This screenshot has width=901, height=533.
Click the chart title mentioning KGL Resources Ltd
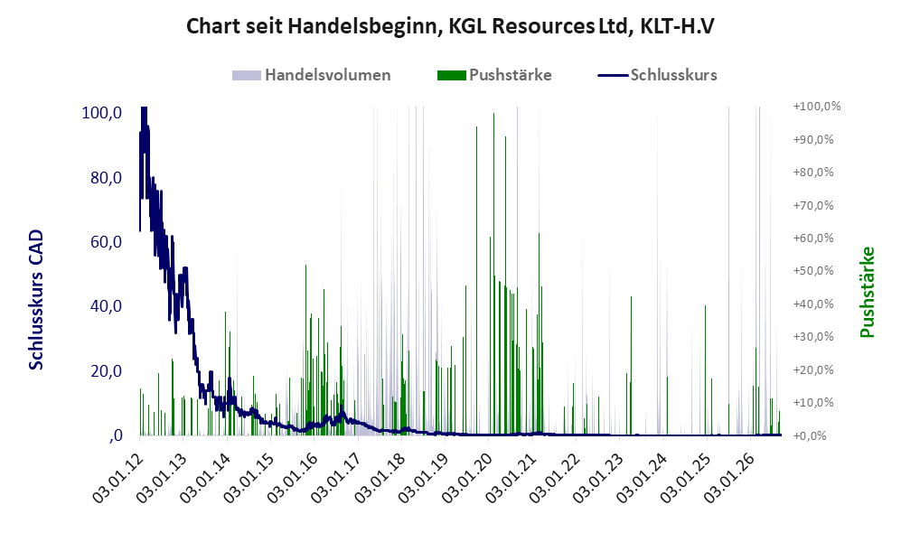click(x=450, y=26)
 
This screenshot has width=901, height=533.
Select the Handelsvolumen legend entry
click(x=312, y=75)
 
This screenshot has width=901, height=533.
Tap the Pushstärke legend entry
click(x=494, y=75)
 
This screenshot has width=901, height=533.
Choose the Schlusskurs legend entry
click(x=657, y=75)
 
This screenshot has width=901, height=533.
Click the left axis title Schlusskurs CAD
click(x=36, y=300)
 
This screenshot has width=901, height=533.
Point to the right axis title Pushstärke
click(x=867, y=293)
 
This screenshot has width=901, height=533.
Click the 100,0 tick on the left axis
click(x=102, y=113)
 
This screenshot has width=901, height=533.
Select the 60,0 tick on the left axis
click(x=106, y=242)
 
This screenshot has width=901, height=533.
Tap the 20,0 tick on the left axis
click(x=106, y=371)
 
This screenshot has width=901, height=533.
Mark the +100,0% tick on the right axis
click(x=817, y=107)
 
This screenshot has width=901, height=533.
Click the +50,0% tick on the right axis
click(x=813, y=270)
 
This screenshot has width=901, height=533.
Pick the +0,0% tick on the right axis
click(x=810, y=435)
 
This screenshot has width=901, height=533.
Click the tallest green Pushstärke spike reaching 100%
click(x=493, y=274)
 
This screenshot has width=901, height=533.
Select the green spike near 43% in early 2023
click(x=631, y=366)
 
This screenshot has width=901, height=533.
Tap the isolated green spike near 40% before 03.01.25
click(x=706, y=370)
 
